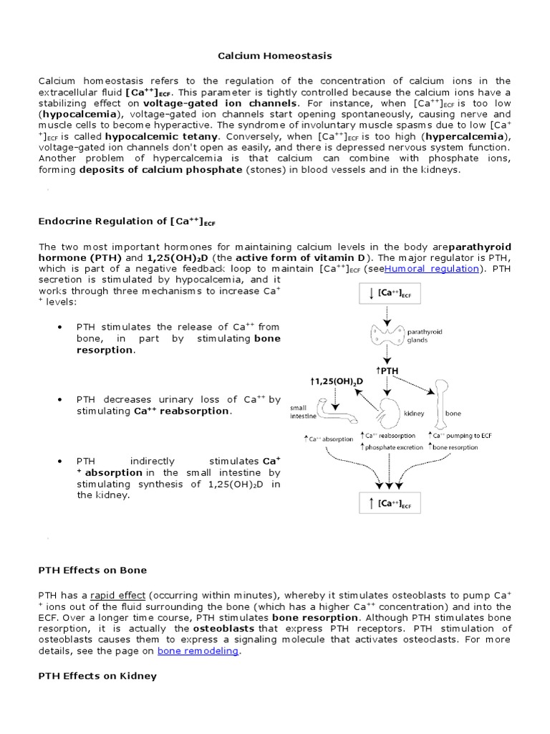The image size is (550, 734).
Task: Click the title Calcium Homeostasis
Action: pyautogui.click(x=275, y=55)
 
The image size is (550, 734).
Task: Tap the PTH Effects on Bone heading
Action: pyautogui.click(x=92, y=570)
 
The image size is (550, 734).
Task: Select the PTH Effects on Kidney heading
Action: pyautogui.click(x=97, y=676)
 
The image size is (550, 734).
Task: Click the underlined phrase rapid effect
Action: pyautogui.click(x=117, y=595)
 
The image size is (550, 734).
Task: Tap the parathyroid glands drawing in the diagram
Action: pyautogui.click(x=387, y=334)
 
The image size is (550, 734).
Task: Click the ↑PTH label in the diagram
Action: pyautogui.click(x=389, y=371)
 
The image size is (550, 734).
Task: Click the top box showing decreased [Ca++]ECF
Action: pyautogui.click(x=388, y=292)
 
